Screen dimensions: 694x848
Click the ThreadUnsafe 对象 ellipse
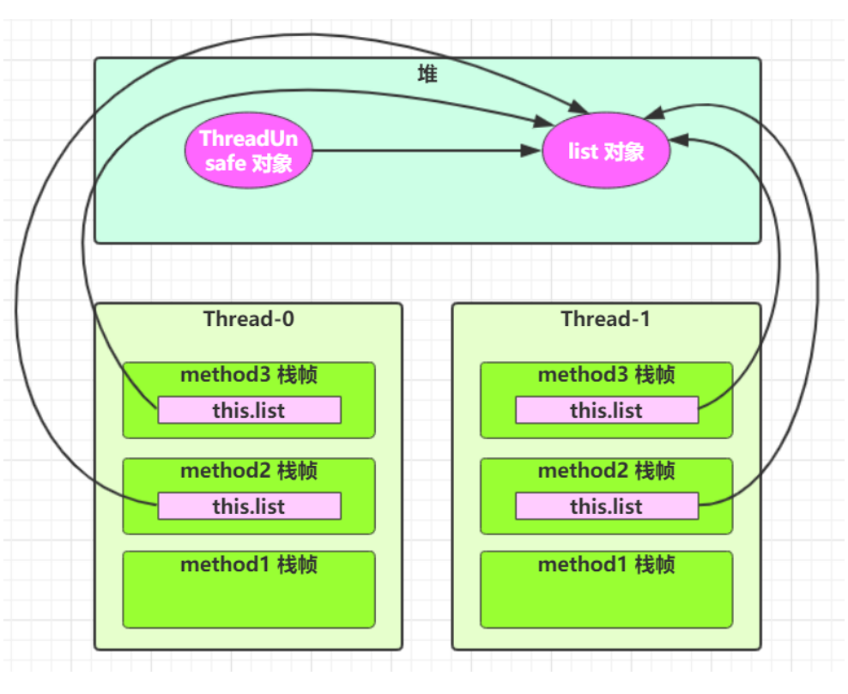247,151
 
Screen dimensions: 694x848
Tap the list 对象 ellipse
606,152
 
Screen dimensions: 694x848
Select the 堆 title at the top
427,75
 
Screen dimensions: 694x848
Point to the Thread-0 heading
248,319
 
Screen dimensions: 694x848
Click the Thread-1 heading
605,319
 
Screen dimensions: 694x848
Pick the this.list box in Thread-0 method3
249,410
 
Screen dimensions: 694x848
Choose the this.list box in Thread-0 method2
249,506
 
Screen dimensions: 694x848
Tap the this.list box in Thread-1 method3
606,410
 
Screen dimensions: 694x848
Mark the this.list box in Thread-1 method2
606,506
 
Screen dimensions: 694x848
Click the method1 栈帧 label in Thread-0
248,564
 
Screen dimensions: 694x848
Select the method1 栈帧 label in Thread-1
606,564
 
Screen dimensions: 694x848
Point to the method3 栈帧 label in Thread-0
248,375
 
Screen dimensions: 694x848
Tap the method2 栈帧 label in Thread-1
606,471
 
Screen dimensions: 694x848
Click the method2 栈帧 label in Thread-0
248,471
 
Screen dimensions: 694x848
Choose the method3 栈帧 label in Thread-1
606,375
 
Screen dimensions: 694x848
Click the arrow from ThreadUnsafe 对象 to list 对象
421,152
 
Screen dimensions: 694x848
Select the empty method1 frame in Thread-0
248,600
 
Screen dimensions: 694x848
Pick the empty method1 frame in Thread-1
606,600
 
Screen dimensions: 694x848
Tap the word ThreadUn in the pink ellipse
248,139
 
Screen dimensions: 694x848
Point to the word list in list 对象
583,152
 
